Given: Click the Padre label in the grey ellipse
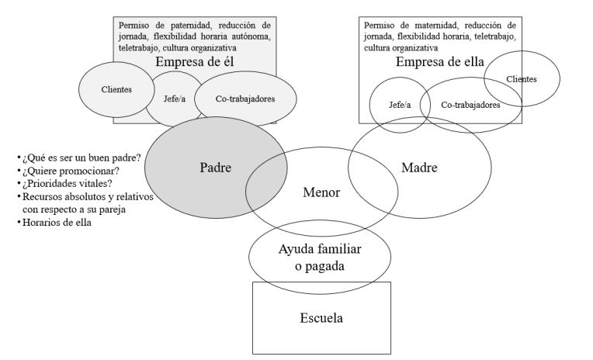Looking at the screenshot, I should pos(215,168).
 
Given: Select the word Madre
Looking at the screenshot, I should pos(420,168).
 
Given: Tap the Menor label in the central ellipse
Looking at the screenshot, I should pos(321,193).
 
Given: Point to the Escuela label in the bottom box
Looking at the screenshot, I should pos(321,317).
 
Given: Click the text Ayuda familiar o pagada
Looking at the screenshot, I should pos(321,258).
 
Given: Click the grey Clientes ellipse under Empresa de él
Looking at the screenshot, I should pos(116,89).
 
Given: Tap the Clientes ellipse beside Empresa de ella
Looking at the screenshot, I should pos(522,79).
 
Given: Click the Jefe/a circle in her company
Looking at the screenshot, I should pos(400,105).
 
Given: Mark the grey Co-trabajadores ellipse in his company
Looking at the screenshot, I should pos(245,99).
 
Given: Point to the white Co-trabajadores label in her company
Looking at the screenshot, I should pos(470,105).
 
